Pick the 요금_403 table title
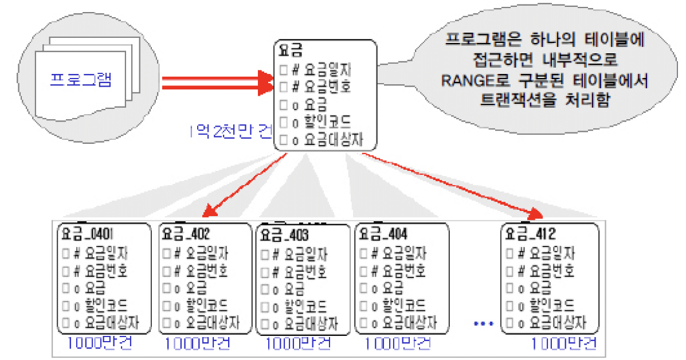pyautogui.click(x=284, y=235)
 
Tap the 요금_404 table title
pyautogui.click(x=382, y=234)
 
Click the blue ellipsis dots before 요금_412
pyautogui.click(x=483, y=324)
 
